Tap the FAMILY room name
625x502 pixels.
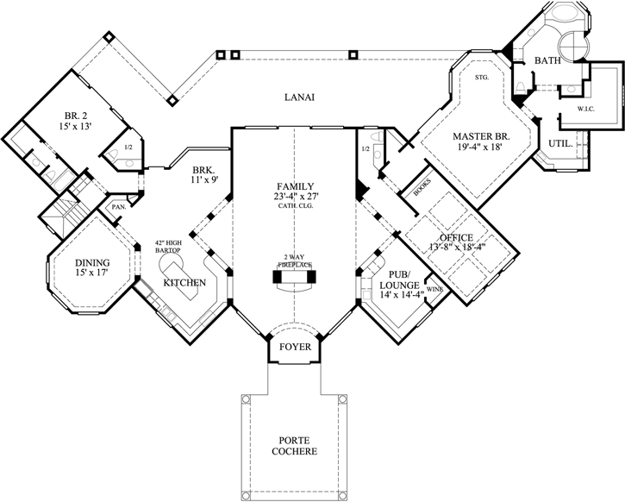click(x=294, y=186)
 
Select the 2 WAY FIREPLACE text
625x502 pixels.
click(x=294, y=261)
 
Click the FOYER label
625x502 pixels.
click(x=294, y=348)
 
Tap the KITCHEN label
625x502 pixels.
click(x=184, y=283)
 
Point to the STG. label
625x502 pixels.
click(x=482, y=78)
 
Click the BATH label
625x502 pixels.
click(x=547, y=61)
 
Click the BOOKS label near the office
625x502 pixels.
click(x=422, y=190)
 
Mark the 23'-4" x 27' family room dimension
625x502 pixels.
click(x=294, y=197)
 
